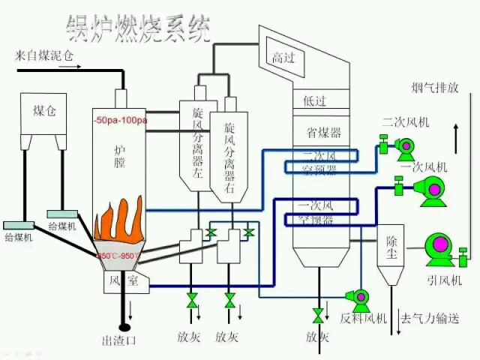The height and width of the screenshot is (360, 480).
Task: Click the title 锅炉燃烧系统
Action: pyautogui.click(x=139, y=29)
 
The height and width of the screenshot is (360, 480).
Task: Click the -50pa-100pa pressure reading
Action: pyautogui.click(x=121, y=120)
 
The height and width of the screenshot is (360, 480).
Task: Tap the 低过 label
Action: pyautogui.click(x=314, y=100)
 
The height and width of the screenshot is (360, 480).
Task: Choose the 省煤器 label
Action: pyautogui.click(x=323, y=133)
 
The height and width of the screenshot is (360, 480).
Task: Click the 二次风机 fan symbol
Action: pyautogui.click(x=403, y=149)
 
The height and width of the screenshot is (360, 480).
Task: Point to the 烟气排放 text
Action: pyautogui.click(x=434, y=87)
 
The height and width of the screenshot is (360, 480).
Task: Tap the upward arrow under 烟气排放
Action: pyautogui.click(x=455, y=131)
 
